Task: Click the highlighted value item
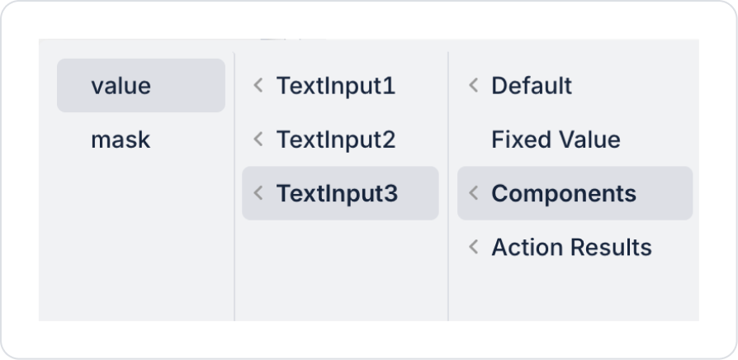pos(121,85)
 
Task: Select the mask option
pos(121,140)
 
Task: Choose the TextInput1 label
pos(336,86)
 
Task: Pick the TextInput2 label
pos(336,140)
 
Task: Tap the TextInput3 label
pos(337,193)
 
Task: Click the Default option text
pos(532,86)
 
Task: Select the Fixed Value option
pos(556,140)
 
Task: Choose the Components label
pos(564,193)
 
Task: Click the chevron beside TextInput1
pos(258,85)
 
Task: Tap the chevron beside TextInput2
pos(258,139)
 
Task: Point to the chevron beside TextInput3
pos(258,193)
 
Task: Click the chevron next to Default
pos(474,85)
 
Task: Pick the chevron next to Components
pos(474,193)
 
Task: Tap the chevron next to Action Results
pos(474,247)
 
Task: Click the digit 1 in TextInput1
pos(389,86)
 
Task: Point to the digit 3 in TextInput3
pos(390,193)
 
